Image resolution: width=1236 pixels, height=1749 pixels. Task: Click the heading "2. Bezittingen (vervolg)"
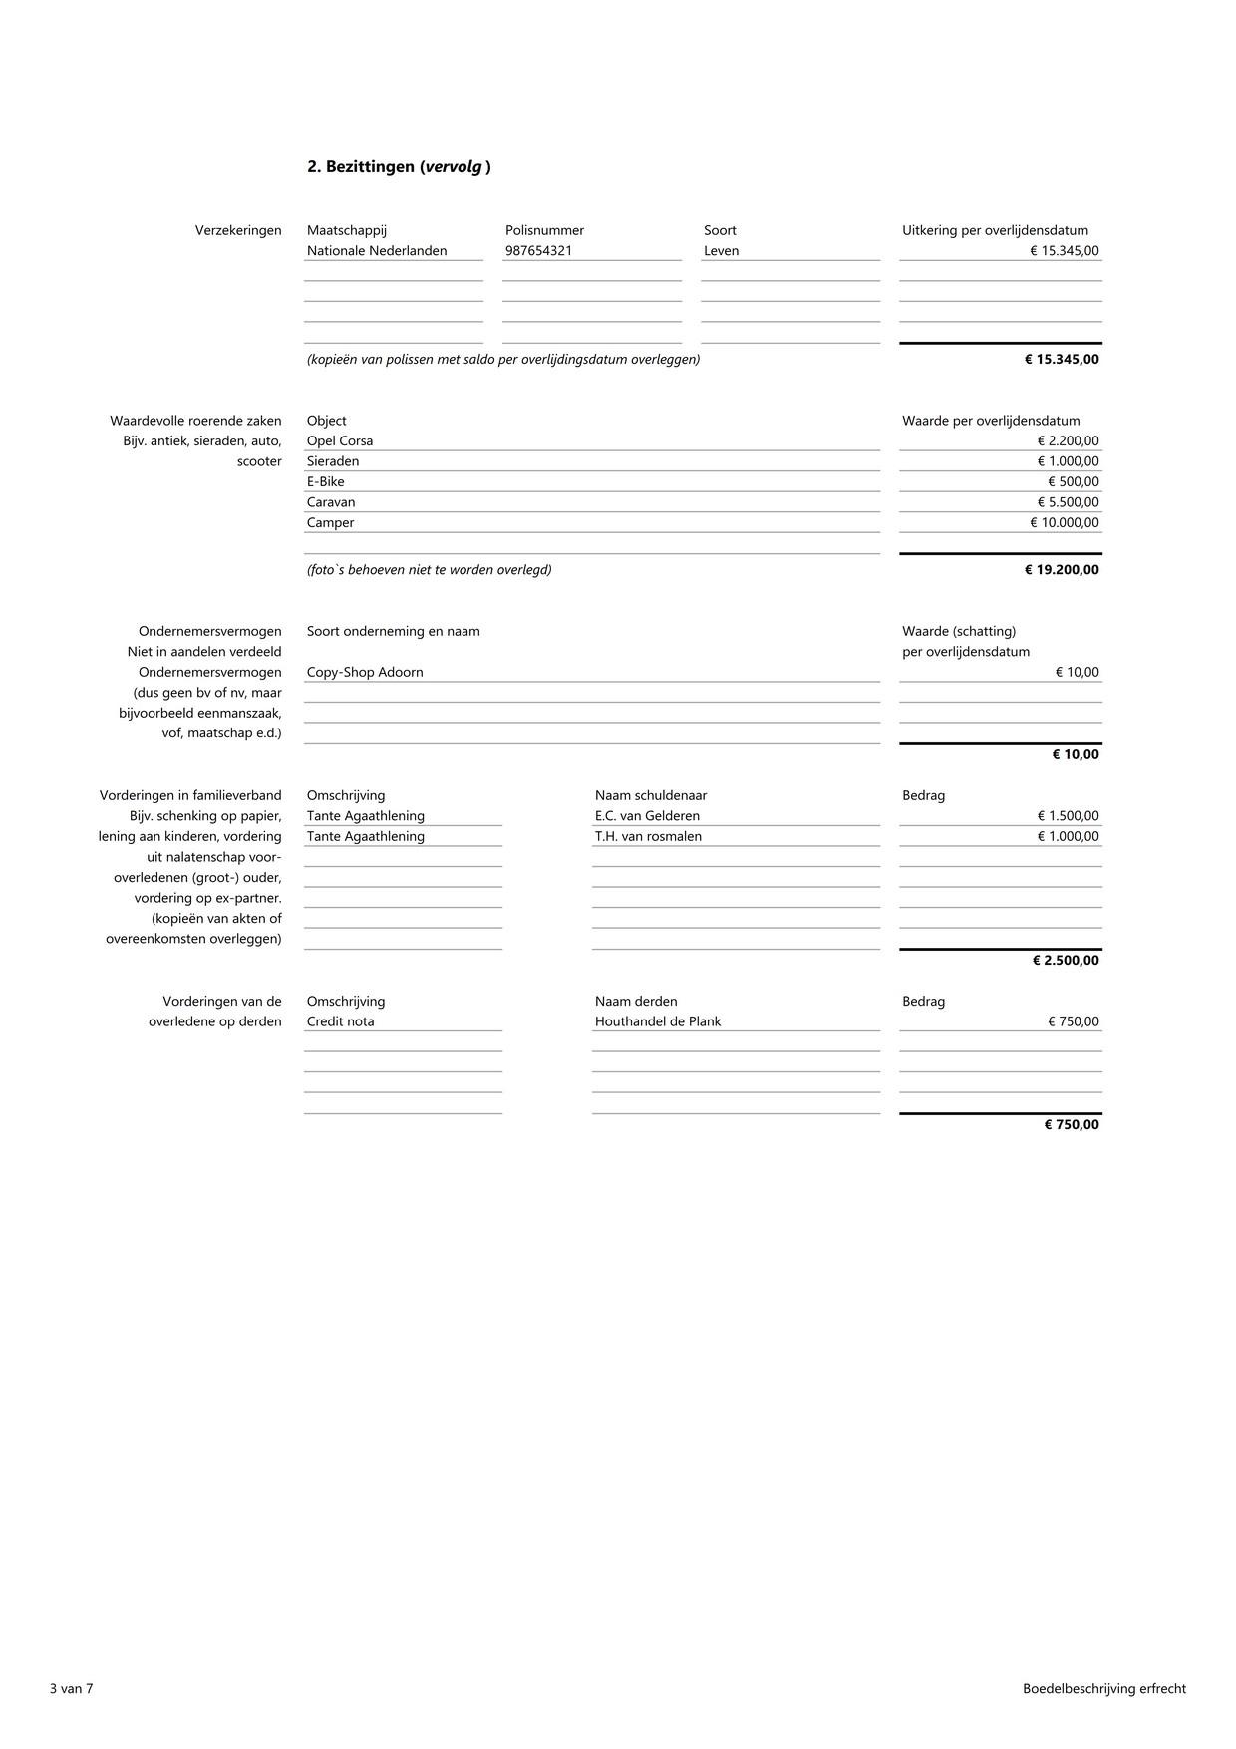coord(399,167)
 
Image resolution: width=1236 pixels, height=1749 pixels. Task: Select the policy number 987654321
coord(538,251)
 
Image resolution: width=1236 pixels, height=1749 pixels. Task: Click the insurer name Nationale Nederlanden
coord(377,251)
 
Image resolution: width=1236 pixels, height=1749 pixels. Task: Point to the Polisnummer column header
coord(544,230)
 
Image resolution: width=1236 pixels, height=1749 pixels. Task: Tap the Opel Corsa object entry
coord(340,441)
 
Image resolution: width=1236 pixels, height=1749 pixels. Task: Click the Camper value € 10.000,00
coord(1065,523)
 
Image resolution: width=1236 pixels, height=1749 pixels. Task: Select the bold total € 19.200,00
coord(1062,570)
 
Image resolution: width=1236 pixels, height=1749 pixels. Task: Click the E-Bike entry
coord(326,482)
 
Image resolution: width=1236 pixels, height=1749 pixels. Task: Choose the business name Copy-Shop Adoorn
coord(365,673)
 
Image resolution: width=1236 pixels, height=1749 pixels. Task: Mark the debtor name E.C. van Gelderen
coord(647,816)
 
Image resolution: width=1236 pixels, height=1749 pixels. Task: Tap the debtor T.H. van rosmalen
coord(648,837)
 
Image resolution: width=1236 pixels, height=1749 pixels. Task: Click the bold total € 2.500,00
coord(1066,961)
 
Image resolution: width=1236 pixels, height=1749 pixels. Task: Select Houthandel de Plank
coord(658,1021)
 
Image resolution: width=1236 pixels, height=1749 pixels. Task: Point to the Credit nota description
coord(341,1021)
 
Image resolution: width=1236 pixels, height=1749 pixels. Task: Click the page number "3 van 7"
coord(71,1688)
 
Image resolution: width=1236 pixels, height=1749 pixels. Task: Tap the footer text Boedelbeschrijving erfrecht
coord(1103,1688)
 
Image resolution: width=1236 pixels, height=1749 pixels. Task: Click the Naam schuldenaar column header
coord(651,795)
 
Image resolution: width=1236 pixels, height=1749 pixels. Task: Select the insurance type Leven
coord(721,251)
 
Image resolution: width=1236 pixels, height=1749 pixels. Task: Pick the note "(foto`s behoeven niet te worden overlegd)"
coord(430,570)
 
